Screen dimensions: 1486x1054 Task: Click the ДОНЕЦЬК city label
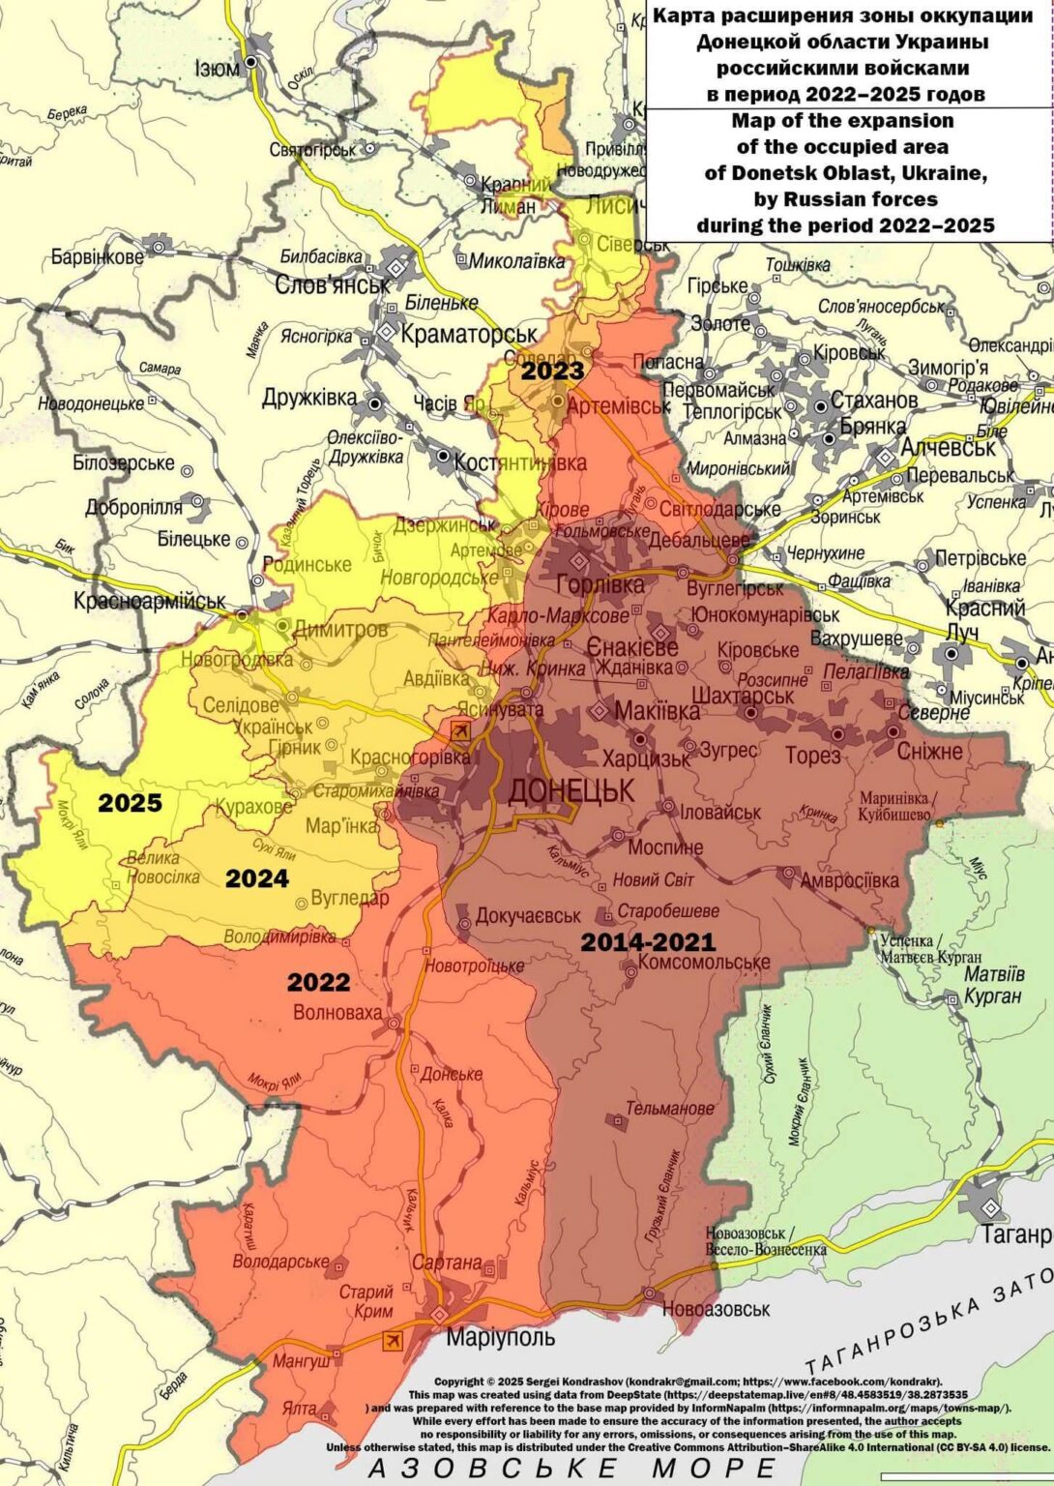click(571, 790)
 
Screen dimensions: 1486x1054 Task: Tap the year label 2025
click(130, 803)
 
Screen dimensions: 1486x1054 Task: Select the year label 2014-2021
click(648, 941)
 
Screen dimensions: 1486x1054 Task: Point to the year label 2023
click(553, 371)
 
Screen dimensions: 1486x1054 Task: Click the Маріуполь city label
click(500, 1337)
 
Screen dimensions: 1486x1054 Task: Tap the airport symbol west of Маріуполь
click(393, 1340)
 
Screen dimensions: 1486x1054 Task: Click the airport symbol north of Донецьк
click(461, 730)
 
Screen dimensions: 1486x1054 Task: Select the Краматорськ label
click(468, 334)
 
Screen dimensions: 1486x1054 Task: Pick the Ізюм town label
click(217, 69)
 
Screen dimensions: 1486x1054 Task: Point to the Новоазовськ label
click(716, 1309)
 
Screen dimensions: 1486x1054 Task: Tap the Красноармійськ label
click(149, 601)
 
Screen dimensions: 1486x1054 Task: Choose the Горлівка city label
click(600, 584)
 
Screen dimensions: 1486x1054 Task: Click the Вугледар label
click(350, 898)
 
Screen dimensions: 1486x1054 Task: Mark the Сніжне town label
click(929, 751)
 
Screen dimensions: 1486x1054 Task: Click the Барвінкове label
click(97, 256)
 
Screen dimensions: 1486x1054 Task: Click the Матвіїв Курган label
click(993, 984)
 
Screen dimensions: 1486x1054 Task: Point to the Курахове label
click(253, 806)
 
